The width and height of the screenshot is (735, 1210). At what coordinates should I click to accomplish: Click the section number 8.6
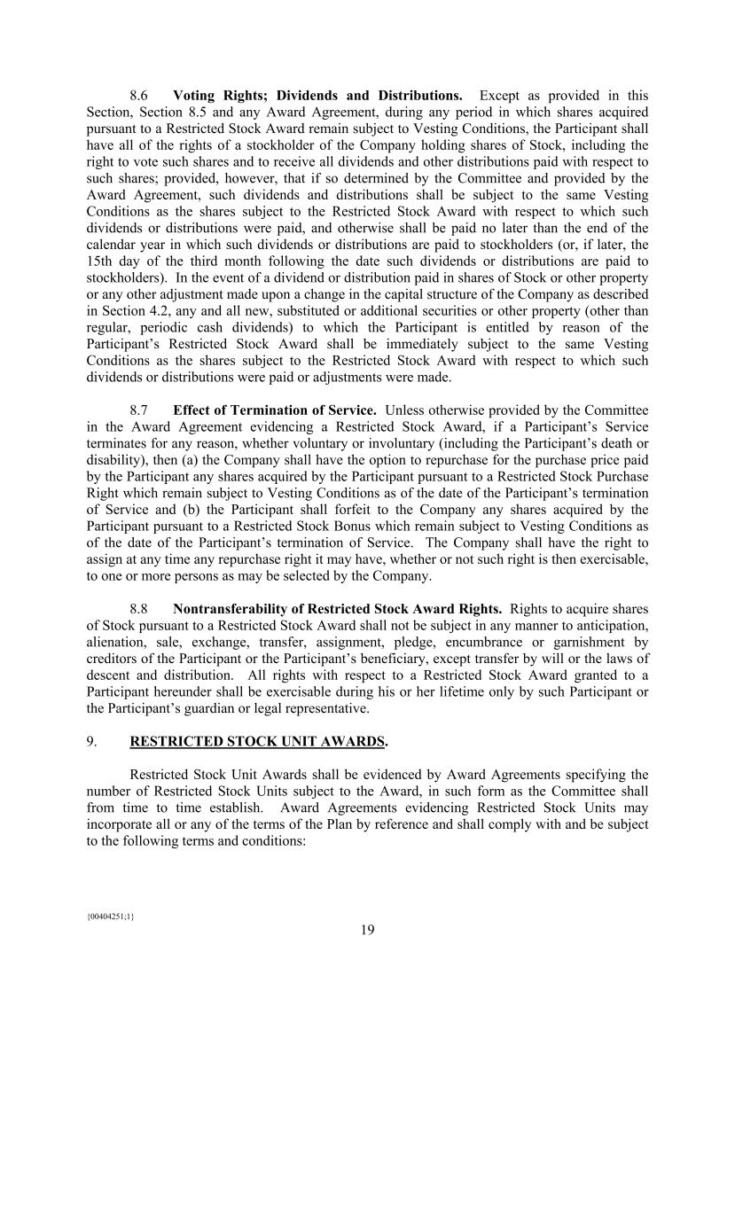click(138, 96)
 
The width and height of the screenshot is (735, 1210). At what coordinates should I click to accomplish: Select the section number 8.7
click(138, 410)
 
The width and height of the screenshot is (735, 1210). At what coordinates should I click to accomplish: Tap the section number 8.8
click(138, 609)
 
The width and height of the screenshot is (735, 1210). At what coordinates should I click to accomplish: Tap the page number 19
click(367, 930)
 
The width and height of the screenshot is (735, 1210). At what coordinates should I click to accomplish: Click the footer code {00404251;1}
click(110, 917)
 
